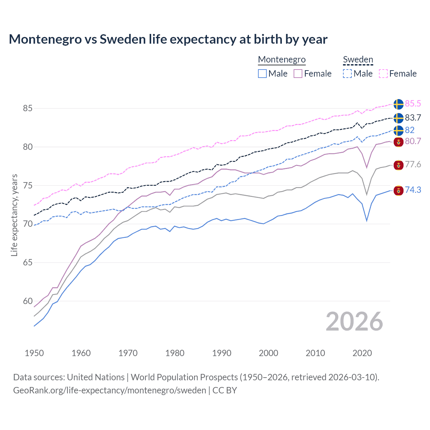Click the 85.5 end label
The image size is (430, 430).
413,104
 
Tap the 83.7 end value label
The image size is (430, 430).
413,118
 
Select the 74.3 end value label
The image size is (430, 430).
413,190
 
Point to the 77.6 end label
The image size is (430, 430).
413,165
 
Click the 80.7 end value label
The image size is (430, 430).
413,141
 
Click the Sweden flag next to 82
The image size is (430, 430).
398,130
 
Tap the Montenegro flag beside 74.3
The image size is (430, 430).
398,191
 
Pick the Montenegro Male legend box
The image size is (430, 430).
262,74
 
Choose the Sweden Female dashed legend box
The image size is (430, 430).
383,74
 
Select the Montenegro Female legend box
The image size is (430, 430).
298,74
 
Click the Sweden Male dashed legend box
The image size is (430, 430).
347,74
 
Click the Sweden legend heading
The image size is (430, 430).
358,60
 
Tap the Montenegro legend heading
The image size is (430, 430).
282,60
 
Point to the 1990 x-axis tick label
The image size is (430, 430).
222,353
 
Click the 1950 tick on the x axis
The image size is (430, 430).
34,353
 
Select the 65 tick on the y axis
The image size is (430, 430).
28,263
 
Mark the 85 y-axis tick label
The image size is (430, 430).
28,109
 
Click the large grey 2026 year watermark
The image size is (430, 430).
354,322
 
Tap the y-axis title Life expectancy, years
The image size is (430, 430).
14,215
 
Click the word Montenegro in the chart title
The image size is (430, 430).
45,39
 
